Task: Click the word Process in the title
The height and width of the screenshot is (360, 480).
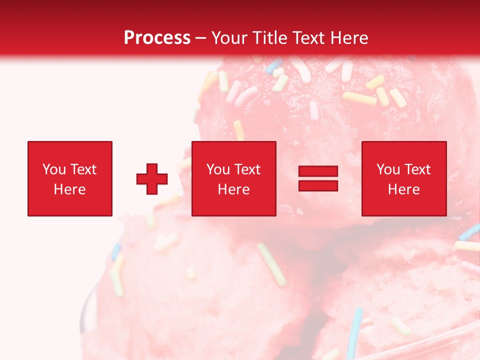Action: [157, 37]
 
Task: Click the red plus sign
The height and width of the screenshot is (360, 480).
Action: [152, 179]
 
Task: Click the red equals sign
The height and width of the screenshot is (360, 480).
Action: [318, 178]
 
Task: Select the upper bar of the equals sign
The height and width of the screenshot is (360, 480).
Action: [318, 171]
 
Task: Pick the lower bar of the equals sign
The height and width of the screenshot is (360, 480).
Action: [318, 185]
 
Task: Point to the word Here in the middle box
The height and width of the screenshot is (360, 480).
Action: [233, 189]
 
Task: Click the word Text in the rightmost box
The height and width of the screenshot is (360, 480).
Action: [417, 169]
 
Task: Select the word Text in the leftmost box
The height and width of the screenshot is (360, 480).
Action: [83, 169]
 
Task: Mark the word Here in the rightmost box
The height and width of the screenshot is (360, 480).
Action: [403, 189]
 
